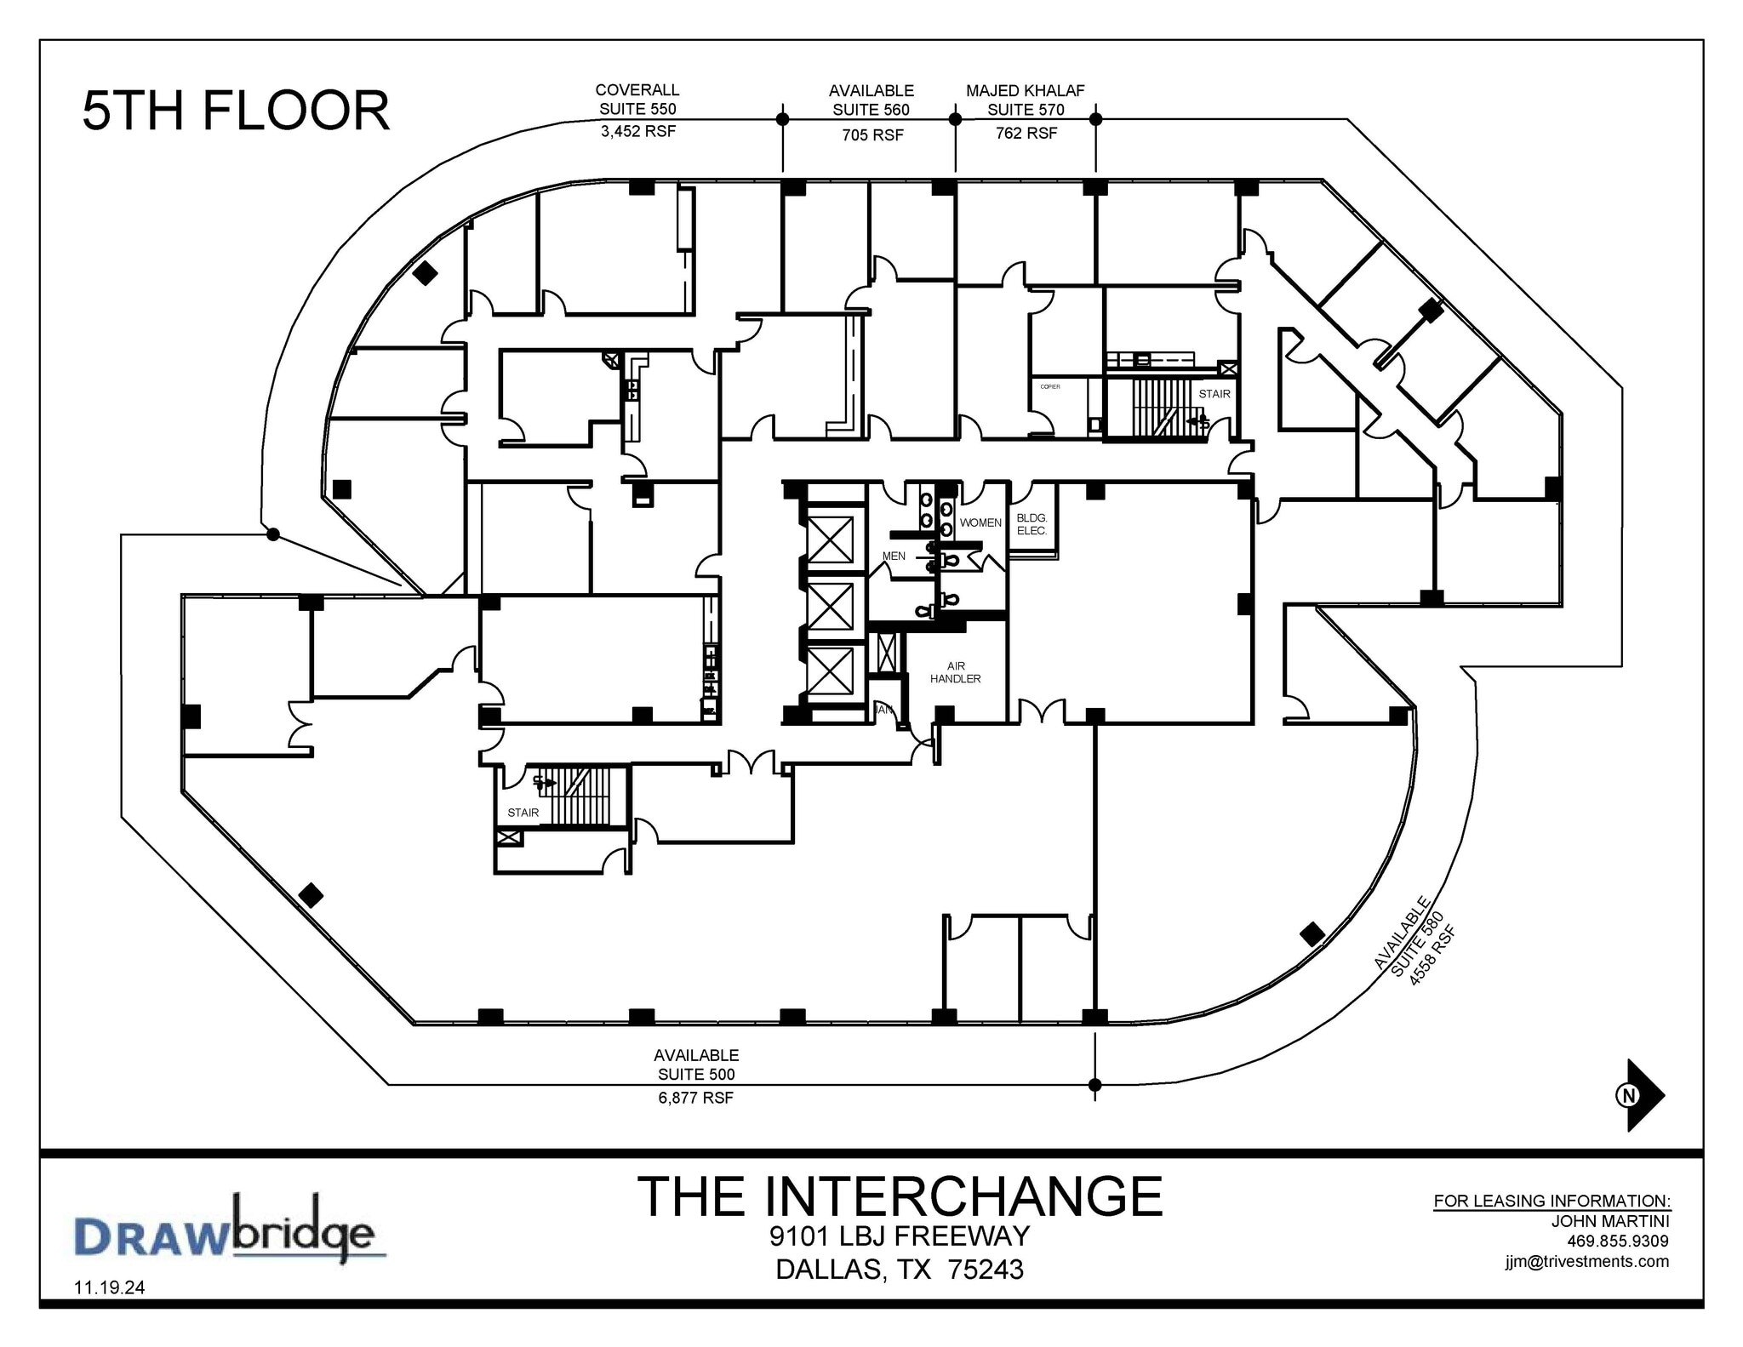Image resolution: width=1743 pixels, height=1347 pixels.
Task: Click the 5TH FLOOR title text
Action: point(236,111)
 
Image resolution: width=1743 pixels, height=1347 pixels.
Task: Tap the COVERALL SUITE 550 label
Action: point(637,100)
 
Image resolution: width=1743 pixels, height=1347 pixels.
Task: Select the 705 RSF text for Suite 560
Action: point(872,135)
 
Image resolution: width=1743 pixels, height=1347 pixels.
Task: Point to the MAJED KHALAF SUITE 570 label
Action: point(1025,100)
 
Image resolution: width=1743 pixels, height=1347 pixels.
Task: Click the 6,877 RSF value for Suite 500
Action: point(695,1098)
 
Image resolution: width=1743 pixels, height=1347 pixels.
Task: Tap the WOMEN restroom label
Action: point(980,522)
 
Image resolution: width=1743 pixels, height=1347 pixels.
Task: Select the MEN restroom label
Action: point(894,556)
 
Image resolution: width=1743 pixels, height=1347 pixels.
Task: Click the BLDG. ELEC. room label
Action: point(1032,524)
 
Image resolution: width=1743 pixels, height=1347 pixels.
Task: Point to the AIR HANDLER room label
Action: point(955,672)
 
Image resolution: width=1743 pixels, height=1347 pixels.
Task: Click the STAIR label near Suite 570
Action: point(1214,394)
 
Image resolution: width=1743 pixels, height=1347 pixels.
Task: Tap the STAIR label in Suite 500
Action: point(523,813)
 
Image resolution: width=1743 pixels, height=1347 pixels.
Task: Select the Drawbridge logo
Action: point(225,1230)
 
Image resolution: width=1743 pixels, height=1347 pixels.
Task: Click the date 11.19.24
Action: point(110,1287)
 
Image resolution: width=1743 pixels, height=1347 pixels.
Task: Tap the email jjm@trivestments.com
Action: point(1586,1261)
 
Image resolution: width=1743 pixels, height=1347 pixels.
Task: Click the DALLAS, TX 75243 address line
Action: point(900,1270)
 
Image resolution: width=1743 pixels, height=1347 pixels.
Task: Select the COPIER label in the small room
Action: point(1050,386)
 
